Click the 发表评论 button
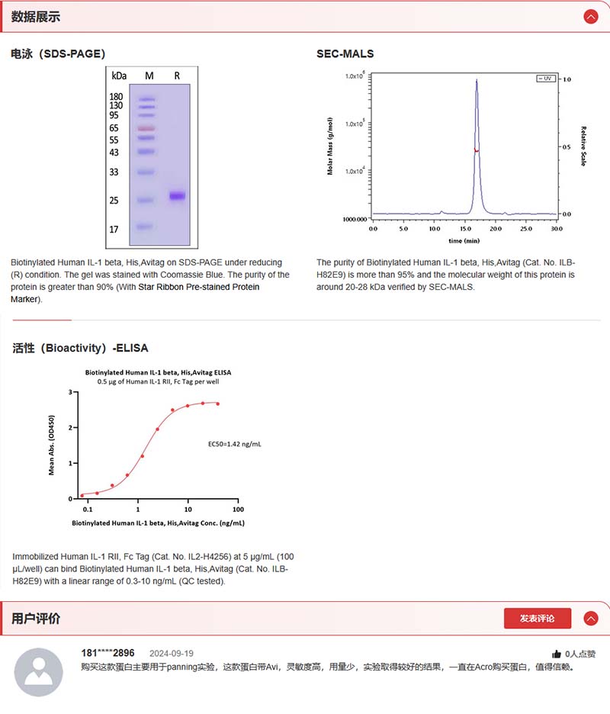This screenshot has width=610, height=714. pos(537,619)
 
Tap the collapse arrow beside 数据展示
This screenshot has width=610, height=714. pos(590,17)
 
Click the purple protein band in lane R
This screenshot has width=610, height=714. pos(177,196)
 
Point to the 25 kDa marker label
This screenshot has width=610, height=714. pos(114,201)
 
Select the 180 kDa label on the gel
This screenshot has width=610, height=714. pos(116,97)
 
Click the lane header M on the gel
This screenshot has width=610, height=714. pos(149,76)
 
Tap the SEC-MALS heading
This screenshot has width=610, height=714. pos(345,53)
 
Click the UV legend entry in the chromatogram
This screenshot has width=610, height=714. pos(546,79)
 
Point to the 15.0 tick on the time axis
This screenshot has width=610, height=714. pos(465,228)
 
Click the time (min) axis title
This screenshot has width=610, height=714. pos(464,240)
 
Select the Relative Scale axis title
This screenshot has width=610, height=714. pos(584,146)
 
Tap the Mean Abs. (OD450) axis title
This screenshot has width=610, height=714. pos(52,445)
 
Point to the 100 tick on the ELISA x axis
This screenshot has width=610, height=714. pos(238,509)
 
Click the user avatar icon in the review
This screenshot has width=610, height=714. pos(39,672)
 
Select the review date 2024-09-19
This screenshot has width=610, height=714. pos(172,654)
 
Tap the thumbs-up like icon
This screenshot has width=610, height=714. pos(557,654)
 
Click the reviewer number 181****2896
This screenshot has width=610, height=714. pos(108,653)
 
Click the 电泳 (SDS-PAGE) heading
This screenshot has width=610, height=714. pos(58,53)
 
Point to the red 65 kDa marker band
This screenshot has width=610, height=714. pos(146,128)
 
